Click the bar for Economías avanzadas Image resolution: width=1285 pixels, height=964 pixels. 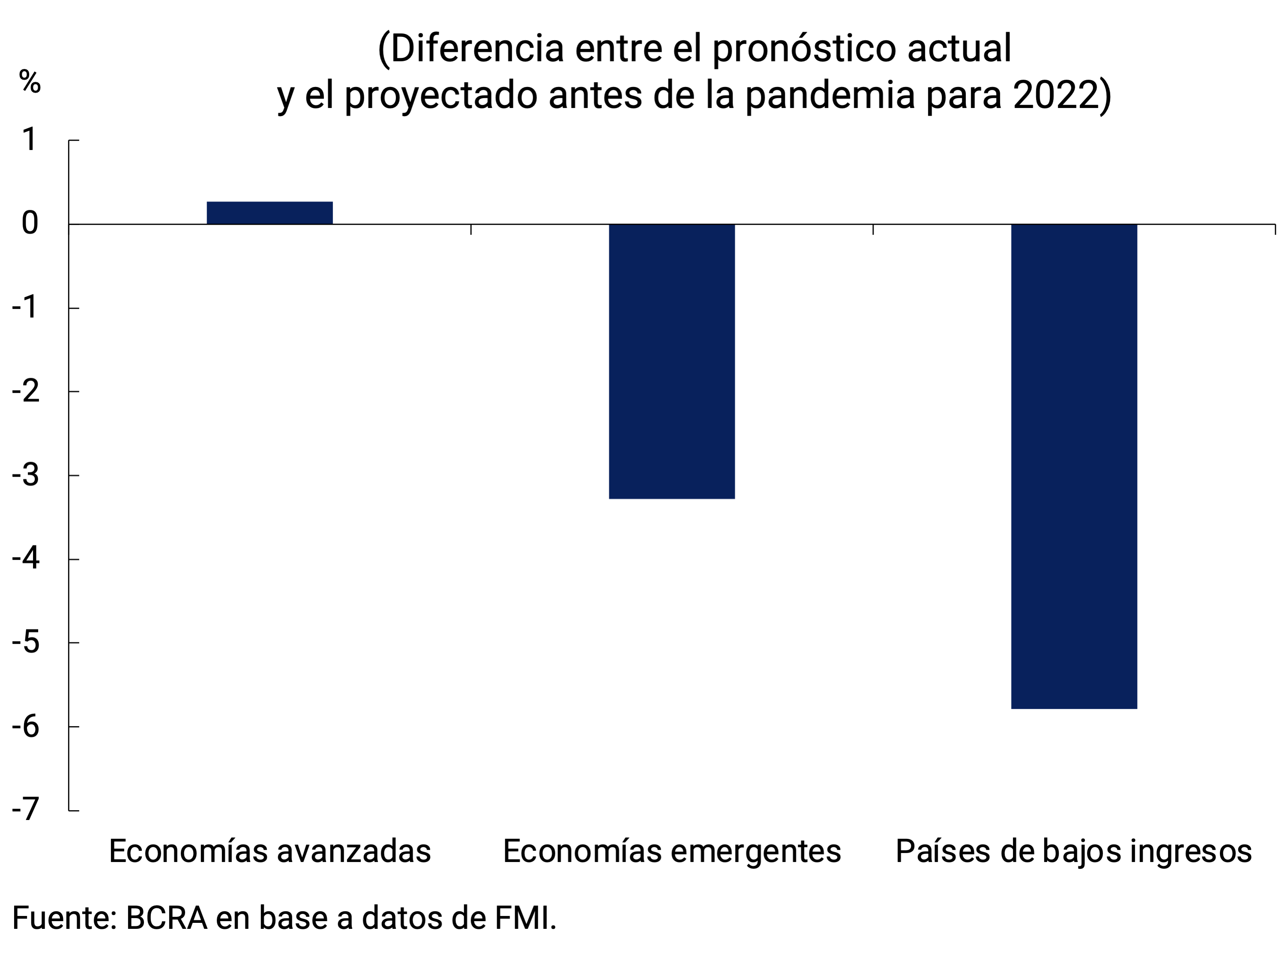point(270,213)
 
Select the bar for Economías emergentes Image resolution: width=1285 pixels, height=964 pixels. point(671,361)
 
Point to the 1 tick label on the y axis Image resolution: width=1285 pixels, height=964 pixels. point(29,140)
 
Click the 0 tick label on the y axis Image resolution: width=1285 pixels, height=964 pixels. point(30,224)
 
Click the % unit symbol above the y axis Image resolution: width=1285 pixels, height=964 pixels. point(30,81)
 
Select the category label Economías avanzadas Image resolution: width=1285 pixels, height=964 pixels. point(270,852)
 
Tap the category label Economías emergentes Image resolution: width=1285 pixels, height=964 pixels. point(671,852)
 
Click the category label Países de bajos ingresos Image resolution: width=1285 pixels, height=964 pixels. point(1073,852)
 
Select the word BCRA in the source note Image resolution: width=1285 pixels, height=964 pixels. point(167,918)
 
